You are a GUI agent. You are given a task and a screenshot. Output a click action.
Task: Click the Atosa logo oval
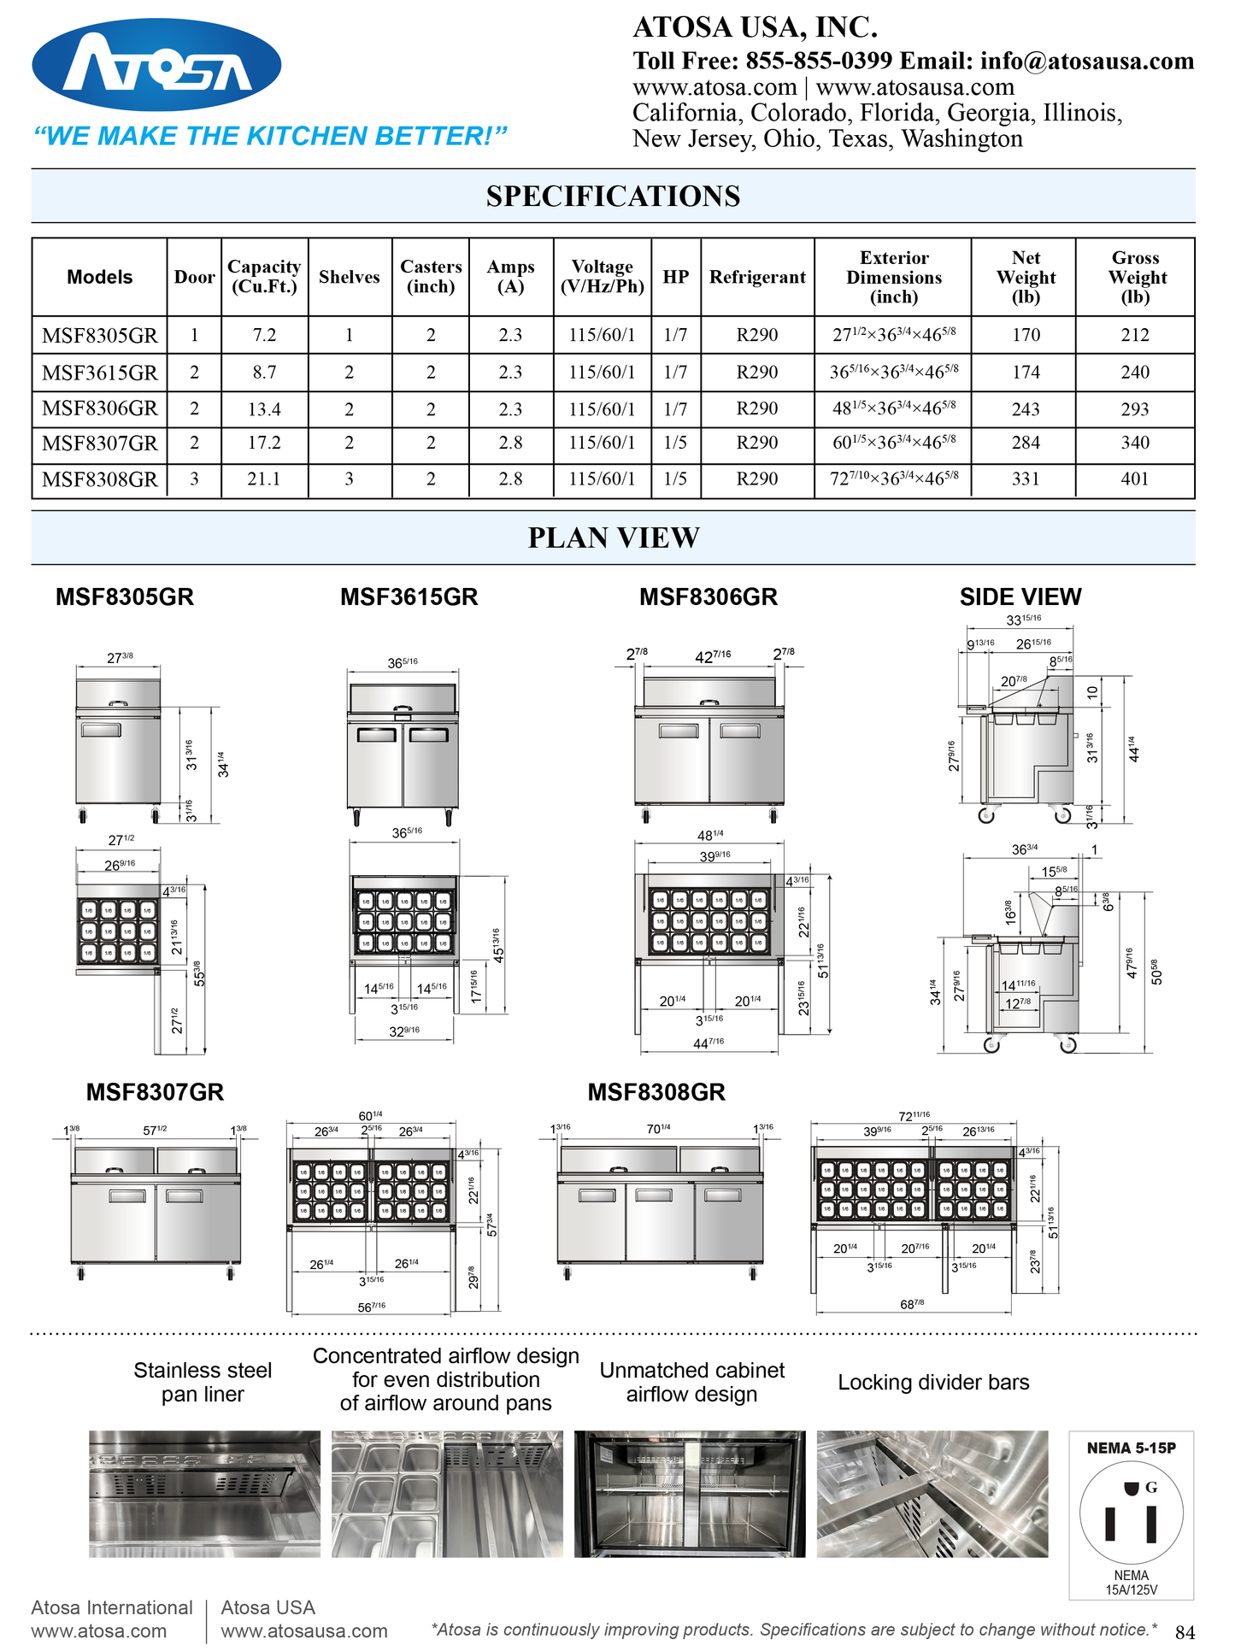(x=156, y=65)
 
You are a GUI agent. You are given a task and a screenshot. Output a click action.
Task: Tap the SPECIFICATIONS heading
(x=613, y=197)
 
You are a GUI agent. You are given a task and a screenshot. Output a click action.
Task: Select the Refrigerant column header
(x=757, y=277)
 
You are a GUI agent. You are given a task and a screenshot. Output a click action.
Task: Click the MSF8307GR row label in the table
(x=100, y=444)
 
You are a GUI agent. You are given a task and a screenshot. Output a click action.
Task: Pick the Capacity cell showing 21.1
(x=264, y=479)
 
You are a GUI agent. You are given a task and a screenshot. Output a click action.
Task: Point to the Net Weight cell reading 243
(x=1026, y=409)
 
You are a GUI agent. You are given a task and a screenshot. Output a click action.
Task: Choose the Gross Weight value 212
(x=1135, y=335)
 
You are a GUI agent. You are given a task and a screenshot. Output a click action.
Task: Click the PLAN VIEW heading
(x=613, y=538)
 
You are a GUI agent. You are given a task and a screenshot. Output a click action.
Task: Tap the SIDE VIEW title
(x=1020, y=597)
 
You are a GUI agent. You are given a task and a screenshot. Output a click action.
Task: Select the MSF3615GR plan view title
(x=409, y=597)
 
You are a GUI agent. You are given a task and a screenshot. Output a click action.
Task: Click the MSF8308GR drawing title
(x=656, y=1092)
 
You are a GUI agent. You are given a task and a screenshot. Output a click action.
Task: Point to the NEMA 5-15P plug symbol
(x=1131, y=1513)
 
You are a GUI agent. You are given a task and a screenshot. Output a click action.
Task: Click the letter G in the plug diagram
(x=1151, y=1488)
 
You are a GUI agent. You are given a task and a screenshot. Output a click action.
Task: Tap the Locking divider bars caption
(x=933, y=1382)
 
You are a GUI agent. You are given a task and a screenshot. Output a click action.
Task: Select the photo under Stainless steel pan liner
(x=204, y=1494)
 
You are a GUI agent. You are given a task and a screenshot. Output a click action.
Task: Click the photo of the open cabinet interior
(x=690, y=1494)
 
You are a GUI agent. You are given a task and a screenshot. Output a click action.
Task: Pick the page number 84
(x=1185, y=1632)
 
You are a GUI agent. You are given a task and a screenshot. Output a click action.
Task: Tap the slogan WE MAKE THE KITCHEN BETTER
(x=270, y=136)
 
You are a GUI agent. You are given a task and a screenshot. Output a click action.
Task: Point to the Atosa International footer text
(x=112, y=1607)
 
